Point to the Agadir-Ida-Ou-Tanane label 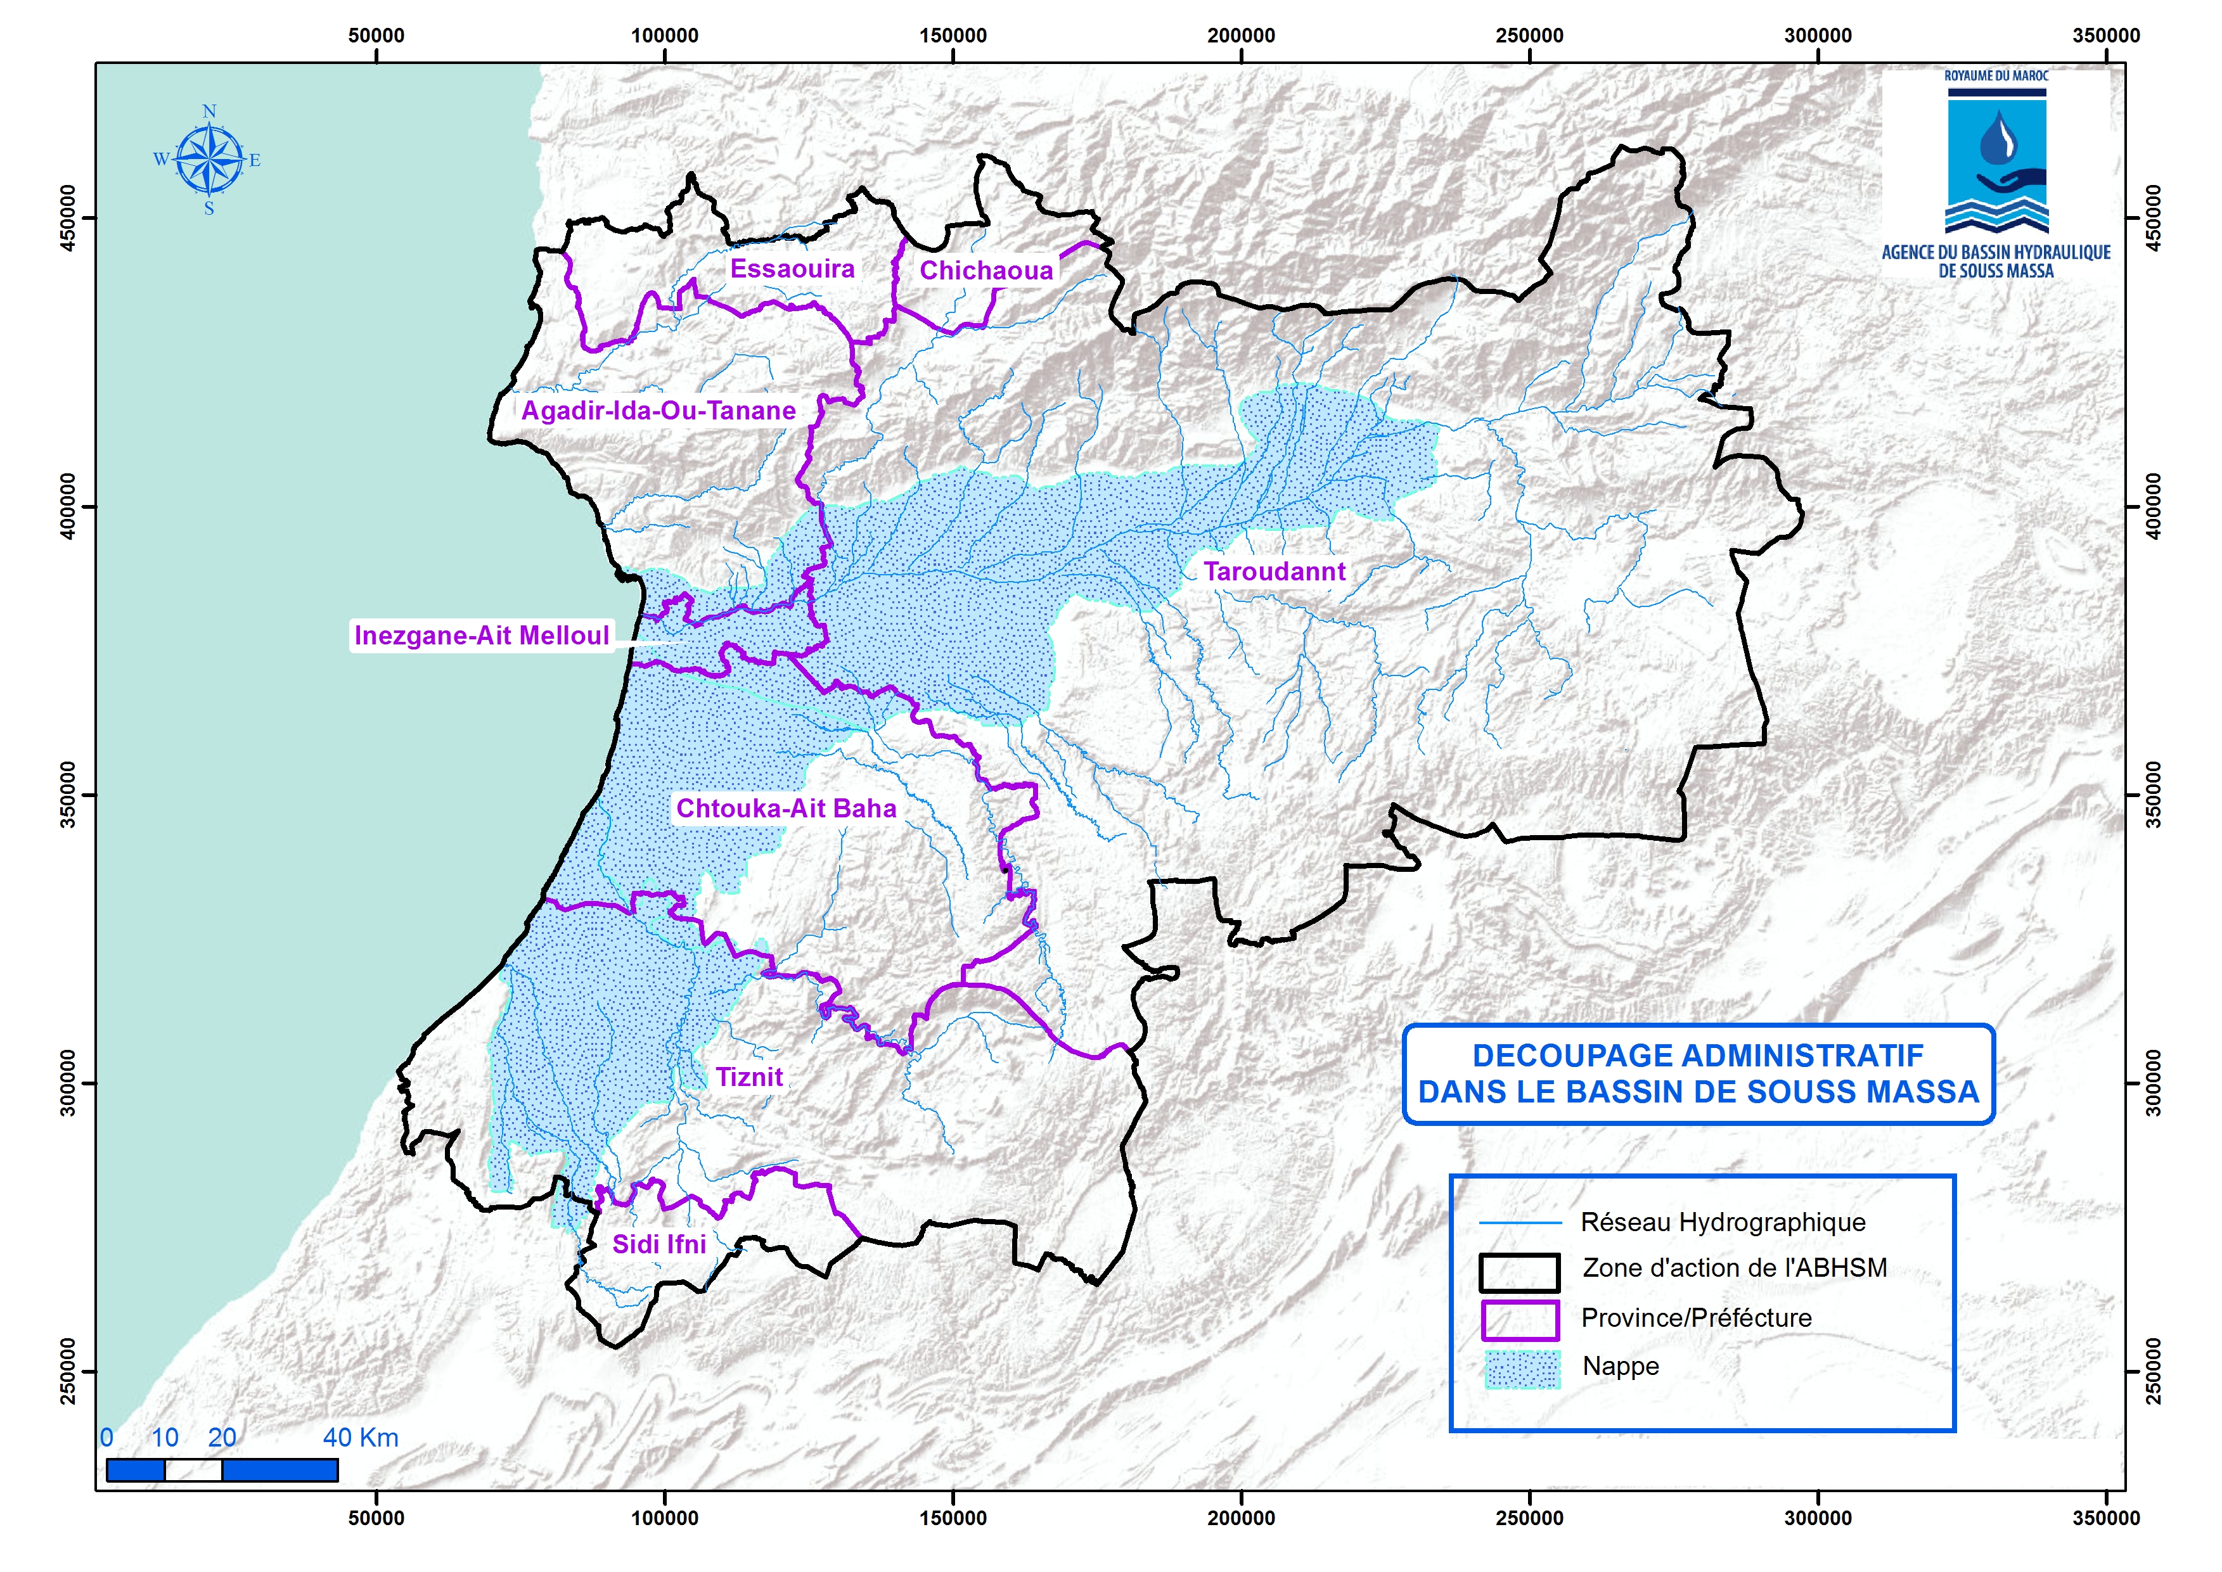pyautogui.click(x=658, y=411)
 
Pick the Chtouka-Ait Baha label pyautogui.click(x=785, y=808)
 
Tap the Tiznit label pyautogui.click(x=748, y=1077)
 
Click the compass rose pyautogui.click(x=209, y=160)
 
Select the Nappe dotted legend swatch pyautogui.click(x=1522, y=1369)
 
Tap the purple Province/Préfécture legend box pyautogui.click(x=1519, y=1319)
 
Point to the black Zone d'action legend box pyautogui.click(x=1519, y=1272)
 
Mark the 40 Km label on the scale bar pyautogui.click(x=360, y=1438)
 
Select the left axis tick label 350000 pyautogui.click(x=67, y=795)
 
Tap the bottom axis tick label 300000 pyautogui.click(x=1817, y=1517)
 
